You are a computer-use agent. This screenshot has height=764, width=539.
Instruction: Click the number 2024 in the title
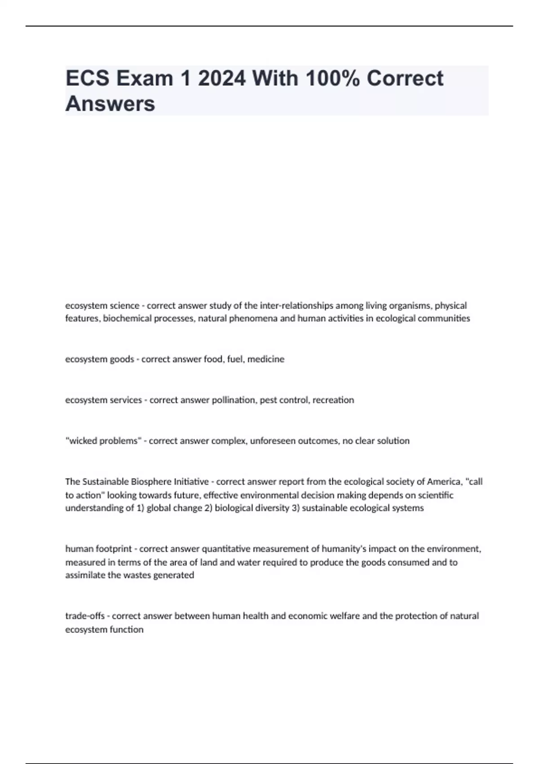point(221,78)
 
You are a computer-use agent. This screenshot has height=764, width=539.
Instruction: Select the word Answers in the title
point(110,103)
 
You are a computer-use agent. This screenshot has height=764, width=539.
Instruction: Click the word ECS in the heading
point(88,78)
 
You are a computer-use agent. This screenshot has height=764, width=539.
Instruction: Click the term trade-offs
point(84,616)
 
